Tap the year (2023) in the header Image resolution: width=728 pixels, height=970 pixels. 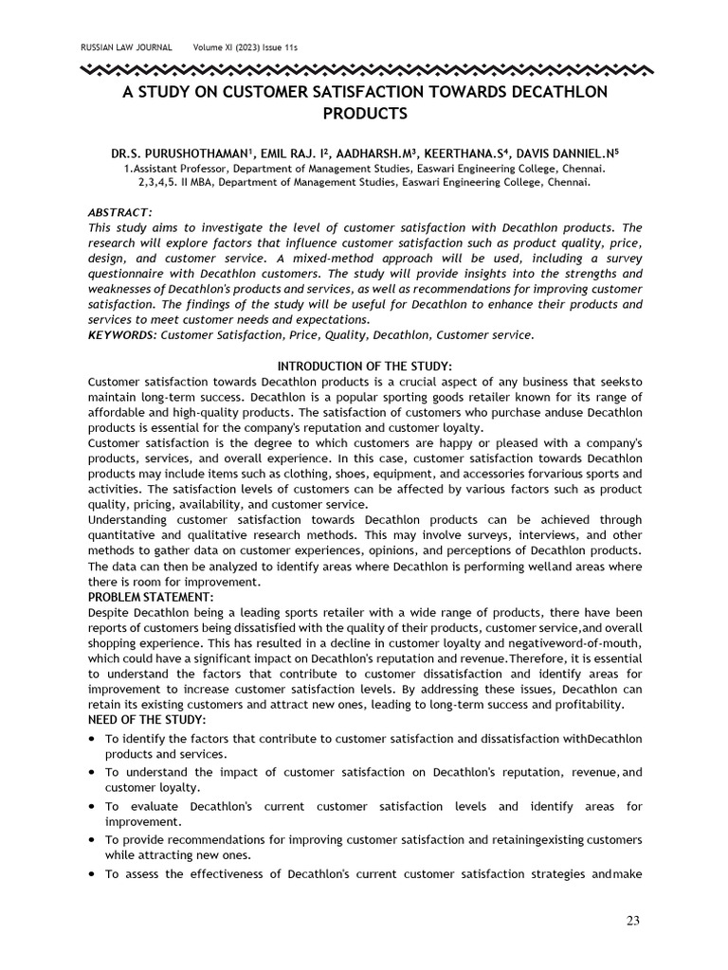pyautogui.click(x=246, y=47)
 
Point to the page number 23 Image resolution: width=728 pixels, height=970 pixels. pyautogui.click(x=634, y=921)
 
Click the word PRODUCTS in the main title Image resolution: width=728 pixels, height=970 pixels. pyautogui.click(x=364, y=114)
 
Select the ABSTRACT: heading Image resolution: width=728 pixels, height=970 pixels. pyautogui.click(x=120, y=212)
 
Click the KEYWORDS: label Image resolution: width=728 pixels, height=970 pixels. pyautogui.click(x=122, y=334)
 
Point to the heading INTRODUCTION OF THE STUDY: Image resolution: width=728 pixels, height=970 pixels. pyautogui.click(x=364, y=366)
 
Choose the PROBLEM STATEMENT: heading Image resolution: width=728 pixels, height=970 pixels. pyautogui.click(x=151, y=597)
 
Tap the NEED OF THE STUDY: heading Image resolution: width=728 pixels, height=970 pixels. pyautogui.click(x=147, y=721)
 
